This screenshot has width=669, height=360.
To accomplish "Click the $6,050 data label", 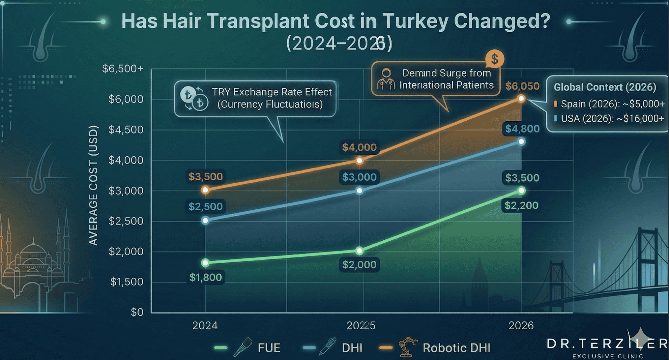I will (x=522, y=86).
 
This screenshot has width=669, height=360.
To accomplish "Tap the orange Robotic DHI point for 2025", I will (x=360, y=161).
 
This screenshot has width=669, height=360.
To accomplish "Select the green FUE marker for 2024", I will (x=205, y=263).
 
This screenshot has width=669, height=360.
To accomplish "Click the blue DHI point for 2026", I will (x=521, y=142).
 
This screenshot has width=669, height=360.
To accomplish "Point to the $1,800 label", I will (x=205, y=277).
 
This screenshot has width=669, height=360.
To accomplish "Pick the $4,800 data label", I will (x=522, y=129).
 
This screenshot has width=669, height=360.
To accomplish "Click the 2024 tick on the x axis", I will (x=205, y=326).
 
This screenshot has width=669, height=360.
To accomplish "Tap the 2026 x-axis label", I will (x=521, y=326).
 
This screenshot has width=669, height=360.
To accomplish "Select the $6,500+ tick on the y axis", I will (x=123, y=69).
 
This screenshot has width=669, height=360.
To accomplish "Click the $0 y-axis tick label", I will (x=137, y=312).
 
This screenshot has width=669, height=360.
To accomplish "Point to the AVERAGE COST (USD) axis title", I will (x=94, y=185).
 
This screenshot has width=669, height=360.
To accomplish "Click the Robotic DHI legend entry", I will (x=456, y=348).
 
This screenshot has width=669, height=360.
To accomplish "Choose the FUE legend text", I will (x=269, y=348).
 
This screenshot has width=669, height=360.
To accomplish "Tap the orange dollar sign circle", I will (x=494, y=59).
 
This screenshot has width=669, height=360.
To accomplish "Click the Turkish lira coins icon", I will (x=194, y=98).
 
